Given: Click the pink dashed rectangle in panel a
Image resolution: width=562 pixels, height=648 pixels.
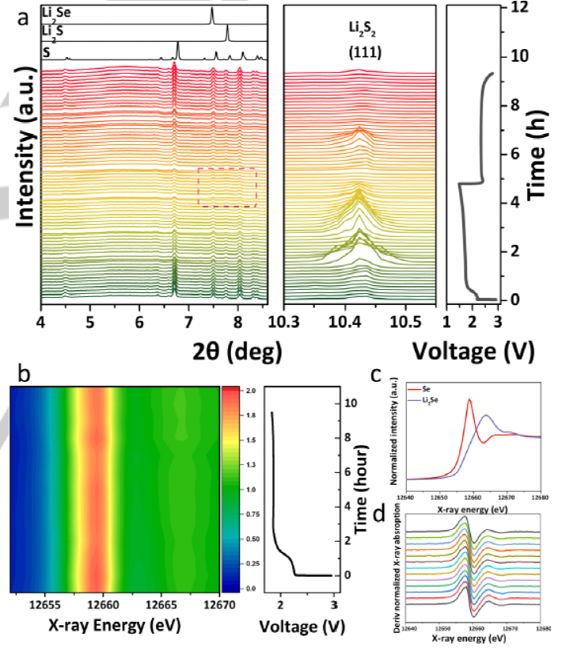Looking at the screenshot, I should click(226, 187).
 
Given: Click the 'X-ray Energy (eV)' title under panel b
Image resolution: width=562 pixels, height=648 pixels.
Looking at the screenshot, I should click(112, 625).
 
